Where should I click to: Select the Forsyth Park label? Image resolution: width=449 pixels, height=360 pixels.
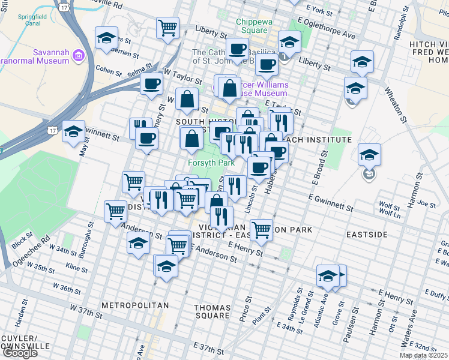click(x=211, y=163)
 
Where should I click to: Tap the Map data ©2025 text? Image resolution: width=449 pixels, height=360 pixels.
click(x=423, y=355)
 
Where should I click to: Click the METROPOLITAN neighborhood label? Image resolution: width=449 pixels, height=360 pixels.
click(x=134, y=305)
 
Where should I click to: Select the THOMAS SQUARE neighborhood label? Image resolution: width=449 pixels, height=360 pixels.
click(x=212, y=311)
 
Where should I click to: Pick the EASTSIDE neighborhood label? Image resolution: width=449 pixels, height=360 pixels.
click(x=366, y=234)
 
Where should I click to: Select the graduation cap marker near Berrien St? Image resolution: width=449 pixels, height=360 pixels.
click(x=106, y=38)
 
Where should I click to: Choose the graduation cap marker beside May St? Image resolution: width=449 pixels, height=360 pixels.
click(x=73, y=131)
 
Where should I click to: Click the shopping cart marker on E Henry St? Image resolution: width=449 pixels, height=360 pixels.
click(x=261, y=229)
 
